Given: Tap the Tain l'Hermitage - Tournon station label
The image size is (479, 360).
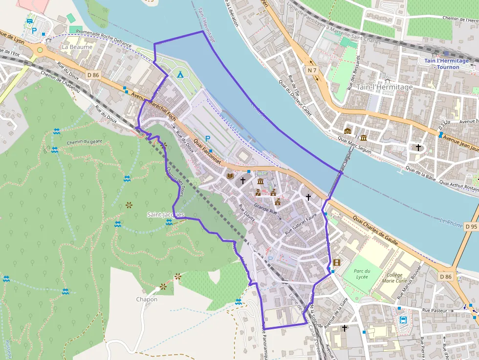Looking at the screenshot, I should click(446, 64).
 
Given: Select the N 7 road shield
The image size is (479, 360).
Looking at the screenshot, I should click(312, 70).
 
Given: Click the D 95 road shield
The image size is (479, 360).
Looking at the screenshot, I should click(471, 227).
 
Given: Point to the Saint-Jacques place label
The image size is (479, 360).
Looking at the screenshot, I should click(165, 214).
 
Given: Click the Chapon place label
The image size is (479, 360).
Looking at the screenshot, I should click(147, 299).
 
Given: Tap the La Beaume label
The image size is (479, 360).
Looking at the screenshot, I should click(77, 47).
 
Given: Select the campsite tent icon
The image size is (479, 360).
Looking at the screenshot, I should click(180, 74).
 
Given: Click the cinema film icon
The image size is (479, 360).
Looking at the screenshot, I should click(336, 262).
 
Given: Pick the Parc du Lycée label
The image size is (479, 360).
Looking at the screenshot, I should click(362, 274).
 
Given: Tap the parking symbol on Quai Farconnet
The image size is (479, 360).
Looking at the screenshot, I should click(208, 139).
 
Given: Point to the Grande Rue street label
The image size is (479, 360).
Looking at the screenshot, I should click(265, 211).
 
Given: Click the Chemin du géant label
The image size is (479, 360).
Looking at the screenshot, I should click(83, 142).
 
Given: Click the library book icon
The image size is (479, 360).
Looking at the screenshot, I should click(230, 176).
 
